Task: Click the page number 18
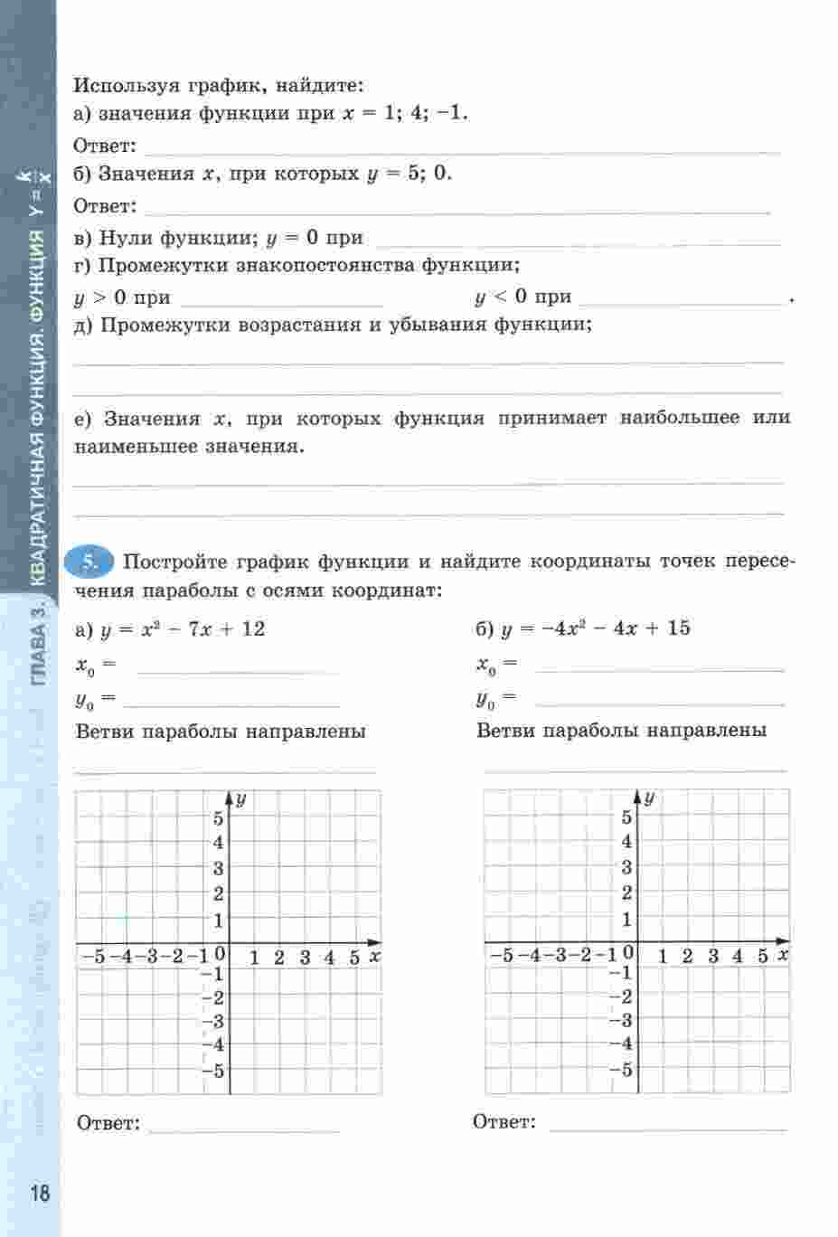pyautogui.click(x=41, y=1192)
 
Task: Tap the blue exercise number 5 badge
pyautogui.click(x=89, y=562)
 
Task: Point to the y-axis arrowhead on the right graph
pyautogui.click(x=638, y=797)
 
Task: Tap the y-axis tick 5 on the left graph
pyautogui.click(x=218, y=818)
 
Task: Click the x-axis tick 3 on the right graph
pyautogui.click(x=713, y=956)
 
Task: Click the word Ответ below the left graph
pyautogui.click(x=108, y=1124)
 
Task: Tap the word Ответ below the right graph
pyautogui.click(x=504, y=1122)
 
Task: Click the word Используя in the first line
pyautogui.click(x=126, y=86)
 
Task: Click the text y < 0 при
pyautogui.click(x=523, y=297)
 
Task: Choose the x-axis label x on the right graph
pyautogui.click(x=783, y=955)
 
